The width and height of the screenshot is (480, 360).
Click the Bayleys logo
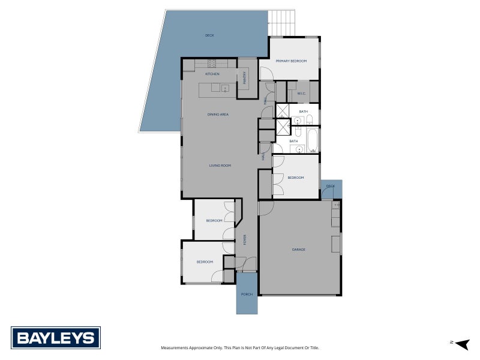pyautogui.click(x=56, y=338)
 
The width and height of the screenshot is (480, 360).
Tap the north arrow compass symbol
pyautogui.click(x=463, y=344)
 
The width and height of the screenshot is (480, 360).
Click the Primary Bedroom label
pyautogui.click(x=291, y=61)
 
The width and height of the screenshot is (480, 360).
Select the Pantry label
pyautogui.click(x=244, y=78)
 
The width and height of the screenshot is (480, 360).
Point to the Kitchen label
pyautogui.click(x=212, y=74)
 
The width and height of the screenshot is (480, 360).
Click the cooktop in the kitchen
pyautogui.click(x=212, y=64)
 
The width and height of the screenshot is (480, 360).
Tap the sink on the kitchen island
pyautogui.click(x=225, y=88)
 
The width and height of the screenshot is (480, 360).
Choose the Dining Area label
pyautogui.click(x=218, y=115)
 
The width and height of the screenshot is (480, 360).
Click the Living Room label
pyautogui.click(x=220, y=166)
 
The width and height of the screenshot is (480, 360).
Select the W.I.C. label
pyautogui.click(x=302, y=94)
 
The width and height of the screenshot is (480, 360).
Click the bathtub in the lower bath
pyautogui.click(x=313, y=140)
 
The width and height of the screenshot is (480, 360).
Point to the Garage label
pyautogui.click(x=298, y=250)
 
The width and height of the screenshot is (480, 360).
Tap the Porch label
pyautogui.click(x=247, y=295)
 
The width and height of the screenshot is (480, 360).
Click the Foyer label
pyautogui.click(x=245, y=239)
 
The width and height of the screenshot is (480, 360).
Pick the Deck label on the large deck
pyautogui.click(x=209, y=35)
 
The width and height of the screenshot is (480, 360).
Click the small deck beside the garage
pyautogui.click(x=332, y=189)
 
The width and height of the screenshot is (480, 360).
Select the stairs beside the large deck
pyautogui.click(x=281, y=23)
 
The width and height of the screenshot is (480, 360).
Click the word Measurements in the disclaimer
pyautogui.click(x=175, y=348)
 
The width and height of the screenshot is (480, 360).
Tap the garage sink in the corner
pyautogui.click(x=336, y=205)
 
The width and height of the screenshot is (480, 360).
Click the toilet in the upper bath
pyautogui.click(x=310, y=119)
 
